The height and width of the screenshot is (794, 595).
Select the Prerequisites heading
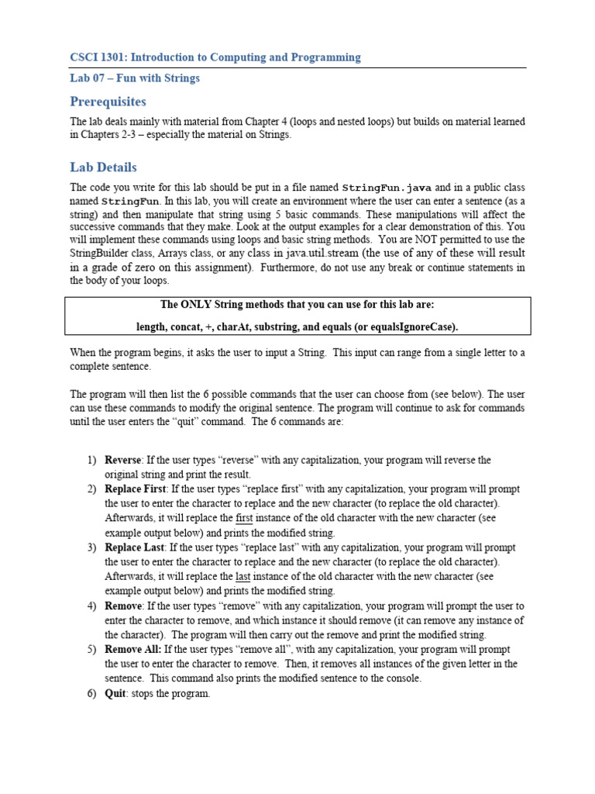[x=108, y=102]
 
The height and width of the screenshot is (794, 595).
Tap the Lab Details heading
[x=103, y=167]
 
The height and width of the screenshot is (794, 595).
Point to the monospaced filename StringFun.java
[x=387, y=188]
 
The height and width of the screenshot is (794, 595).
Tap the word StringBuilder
[x=102, y=254]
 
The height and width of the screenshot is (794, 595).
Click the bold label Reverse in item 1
[x=123, y=461]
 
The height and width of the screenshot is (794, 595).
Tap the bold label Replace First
[x=135, y=489]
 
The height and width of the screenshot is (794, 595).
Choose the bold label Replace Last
[x=135, y=547]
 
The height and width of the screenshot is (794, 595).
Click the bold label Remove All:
[x=134, y=649]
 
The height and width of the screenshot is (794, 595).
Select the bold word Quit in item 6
[x=115, y=693]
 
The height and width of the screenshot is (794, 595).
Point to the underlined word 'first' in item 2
[x=244, y=519]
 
